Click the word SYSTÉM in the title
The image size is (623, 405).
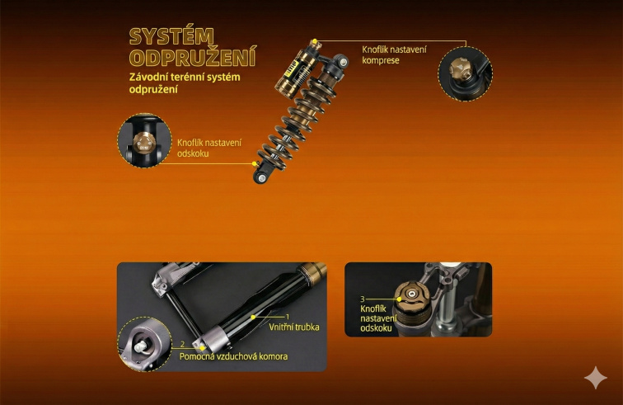tap(171, 36)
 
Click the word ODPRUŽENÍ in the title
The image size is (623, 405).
tap(193, 57)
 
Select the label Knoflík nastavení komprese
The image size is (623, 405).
tap(394, 55)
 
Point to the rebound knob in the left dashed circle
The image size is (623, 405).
tap(143, 142)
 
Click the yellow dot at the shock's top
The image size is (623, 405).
tap(314, 41)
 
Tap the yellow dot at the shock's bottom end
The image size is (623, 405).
tap(255, 163)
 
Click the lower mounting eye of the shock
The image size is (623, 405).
tap(261, 177)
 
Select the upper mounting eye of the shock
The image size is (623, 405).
tap(342, 61)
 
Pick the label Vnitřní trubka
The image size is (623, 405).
tap(294, 327)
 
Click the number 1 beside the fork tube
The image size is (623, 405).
tap(288, 317)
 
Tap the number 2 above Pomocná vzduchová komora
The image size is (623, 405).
tap(182, 344)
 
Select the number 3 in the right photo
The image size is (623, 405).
tap(363, 299)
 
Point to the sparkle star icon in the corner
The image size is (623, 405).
tap(596, 378)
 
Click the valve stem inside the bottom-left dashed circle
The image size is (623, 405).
tap(140, 347)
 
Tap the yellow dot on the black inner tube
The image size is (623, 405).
tap(253, 317)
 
